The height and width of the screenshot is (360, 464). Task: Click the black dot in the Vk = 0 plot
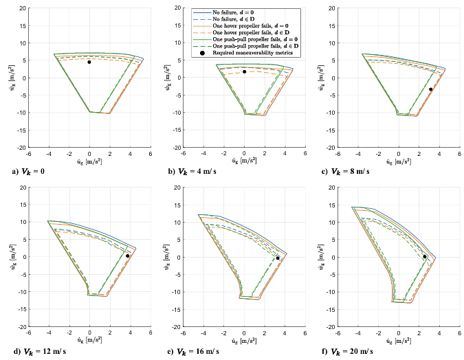coord(89,62)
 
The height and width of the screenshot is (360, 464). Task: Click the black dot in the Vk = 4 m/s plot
coord(244,71)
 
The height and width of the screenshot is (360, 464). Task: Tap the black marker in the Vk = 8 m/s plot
coord(431,89)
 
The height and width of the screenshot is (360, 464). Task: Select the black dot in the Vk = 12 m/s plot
coord(128,256)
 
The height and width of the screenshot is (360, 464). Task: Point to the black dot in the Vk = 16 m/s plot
coord(278,258)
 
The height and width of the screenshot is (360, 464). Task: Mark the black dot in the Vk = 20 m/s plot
coord(425,256)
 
